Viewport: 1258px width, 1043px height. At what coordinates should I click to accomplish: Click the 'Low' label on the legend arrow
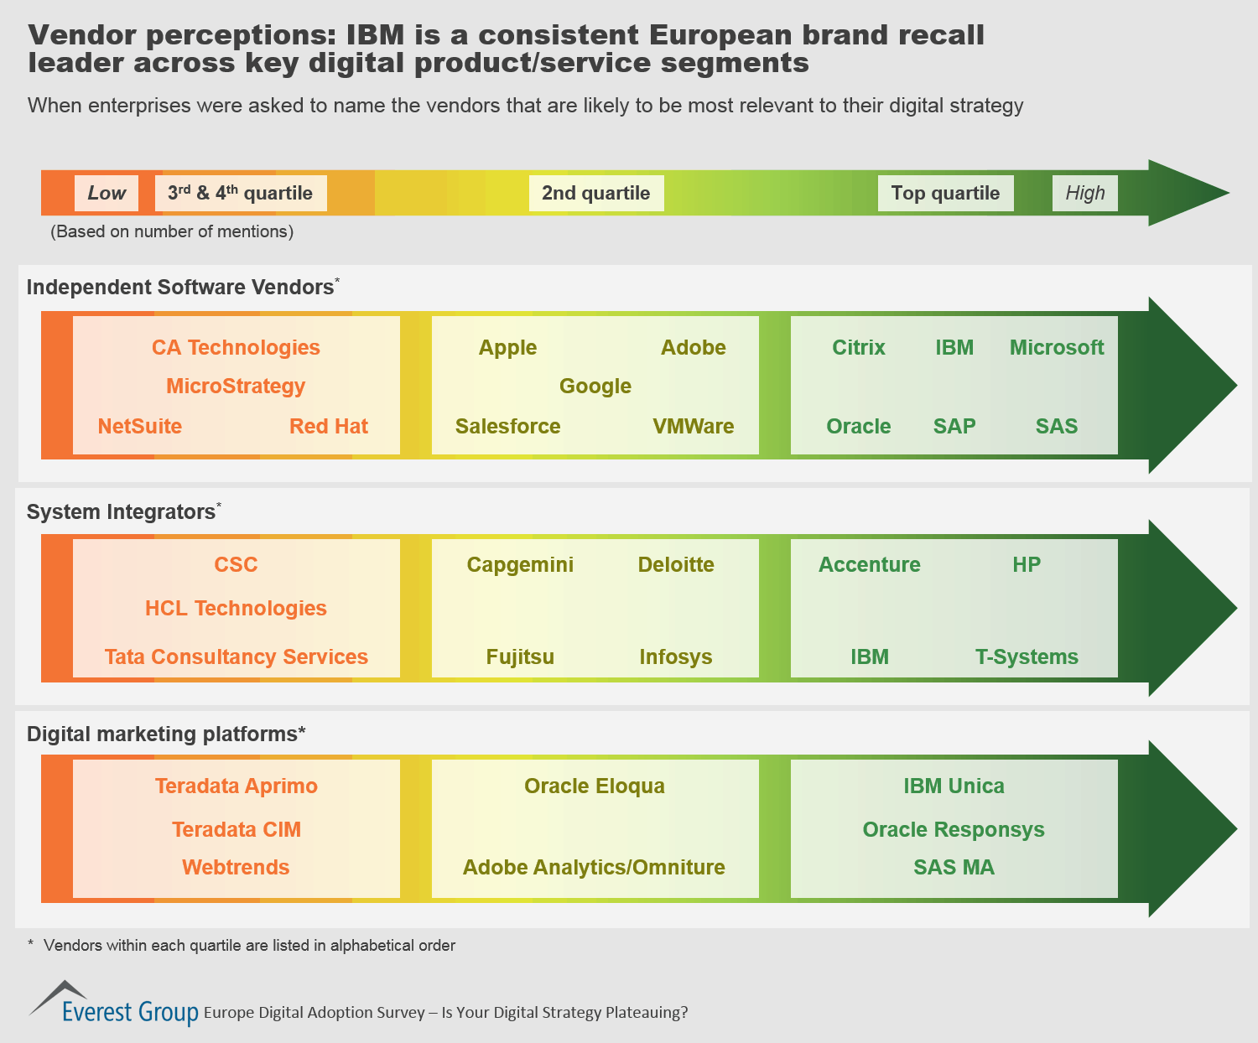tap(107, 193)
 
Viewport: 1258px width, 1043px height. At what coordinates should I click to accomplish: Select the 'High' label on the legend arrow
tap(1084, 193)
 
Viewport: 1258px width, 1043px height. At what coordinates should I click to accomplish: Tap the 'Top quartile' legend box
tap(945, 193)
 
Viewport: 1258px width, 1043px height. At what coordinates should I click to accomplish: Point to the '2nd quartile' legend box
tap(595, 193)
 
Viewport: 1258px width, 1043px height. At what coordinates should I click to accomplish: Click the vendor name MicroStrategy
tap(236, 386)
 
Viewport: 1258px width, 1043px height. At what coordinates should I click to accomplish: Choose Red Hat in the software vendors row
tap(329, 426)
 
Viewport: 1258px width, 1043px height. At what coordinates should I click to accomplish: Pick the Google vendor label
tap(595, 386)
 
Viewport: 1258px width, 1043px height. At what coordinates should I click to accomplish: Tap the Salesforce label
tap(507, 426)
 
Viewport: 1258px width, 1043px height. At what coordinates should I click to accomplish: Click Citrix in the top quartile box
tap(858, 347)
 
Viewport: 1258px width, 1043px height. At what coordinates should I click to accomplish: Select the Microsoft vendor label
tap(1057, 347)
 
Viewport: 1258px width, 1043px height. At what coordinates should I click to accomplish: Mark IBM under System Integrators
tap(870, 656)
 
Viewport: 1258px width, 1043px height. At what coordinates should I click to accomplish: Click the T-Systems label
tap(1027, 656)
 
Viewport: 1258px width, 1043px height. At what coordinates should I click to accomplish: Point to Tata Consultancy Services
tap(236, 656)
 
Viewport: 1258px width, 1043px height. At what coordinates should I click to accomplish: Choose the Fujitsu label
tap(520, 656)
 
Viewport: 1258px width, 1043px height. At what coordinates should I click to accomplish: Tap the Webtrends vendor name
tap(236, 867)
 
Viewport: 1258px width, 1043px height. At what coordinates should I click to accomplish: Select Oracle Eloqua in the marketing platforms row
tap(595, 786)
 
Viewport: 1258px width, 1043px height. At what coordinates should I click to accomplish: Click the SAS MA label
tap(954, 867)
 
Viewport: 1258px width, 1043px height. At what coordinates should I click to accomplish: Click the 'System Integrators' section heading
tap(121, 511)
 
